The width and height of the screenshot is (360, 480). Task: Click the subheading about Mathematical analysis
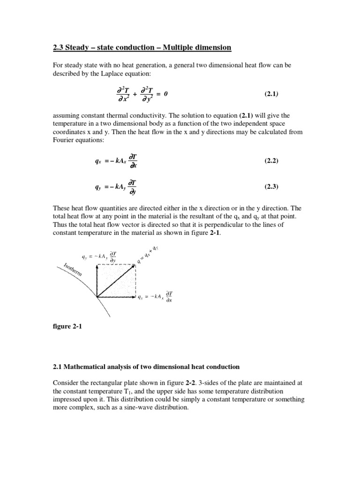[x=145, y=367]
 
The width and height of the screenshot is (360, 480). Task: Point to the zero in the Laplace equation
[x=165, y=94]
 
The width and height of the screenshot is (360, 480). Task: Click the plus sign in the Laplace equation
[x=135, y=94]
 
